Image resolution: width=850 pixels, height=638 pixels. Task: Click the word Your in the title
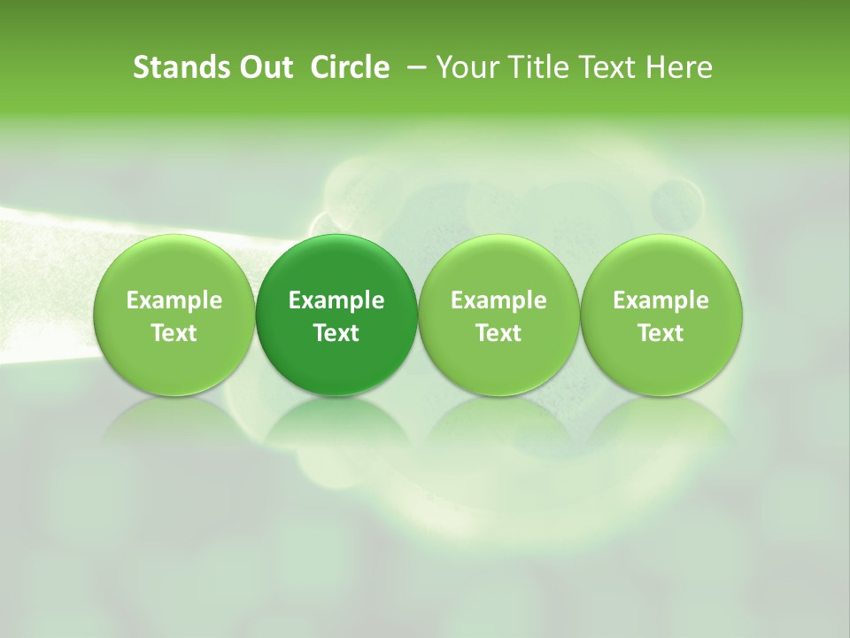point(466,67)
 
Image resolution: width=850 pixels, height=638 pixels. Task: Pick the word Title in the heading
point(535,67)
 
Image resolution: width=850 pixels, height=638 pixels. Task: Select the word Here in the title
point(679,67)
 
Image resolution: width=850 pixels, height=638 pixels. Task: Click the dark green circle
point(336,315)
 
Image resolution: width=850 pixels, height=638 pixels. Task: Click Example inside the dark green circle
point(336,300)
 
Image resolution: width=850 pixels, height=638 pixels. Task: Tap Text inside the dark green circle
point(336,333)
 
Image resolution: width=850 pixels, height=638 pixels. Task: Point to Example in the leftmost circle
point(174,300)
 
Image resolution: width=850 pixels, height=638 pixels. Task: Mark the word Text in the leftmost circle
point(174,333)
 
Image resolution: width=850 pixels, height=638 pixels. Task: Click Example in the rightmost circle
point(661,300)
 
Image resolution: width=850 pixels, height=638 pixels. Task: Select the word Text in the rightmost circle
point(661,333)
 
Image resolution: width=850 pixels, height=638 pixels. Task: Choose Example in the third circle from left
point(498,300)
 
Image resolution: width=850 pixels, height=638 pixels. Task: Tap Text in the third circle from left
point(498,333)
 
